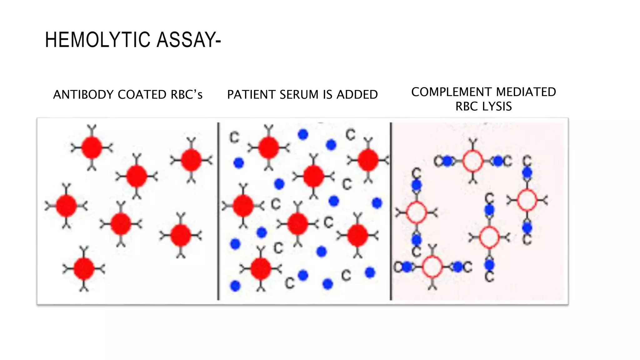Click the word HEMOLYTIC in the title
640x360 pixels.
97,40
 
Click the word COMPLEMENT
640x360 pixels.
451,92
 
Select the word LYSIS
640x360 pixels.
497,106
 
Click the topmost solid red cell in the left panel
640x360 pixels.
92,147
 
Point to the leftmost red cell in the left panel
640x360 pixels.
66,206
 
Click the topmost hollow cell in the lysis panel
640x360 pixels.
473,161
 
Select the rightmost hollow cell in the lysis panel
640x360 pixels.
527,200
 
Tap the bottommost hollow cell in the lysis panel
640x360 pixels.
432,267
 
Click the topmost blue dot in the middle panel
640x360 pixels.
303,134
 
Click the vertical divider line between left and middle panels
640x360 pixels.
218,211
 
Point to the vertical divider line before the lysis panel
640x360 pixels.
391,211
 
